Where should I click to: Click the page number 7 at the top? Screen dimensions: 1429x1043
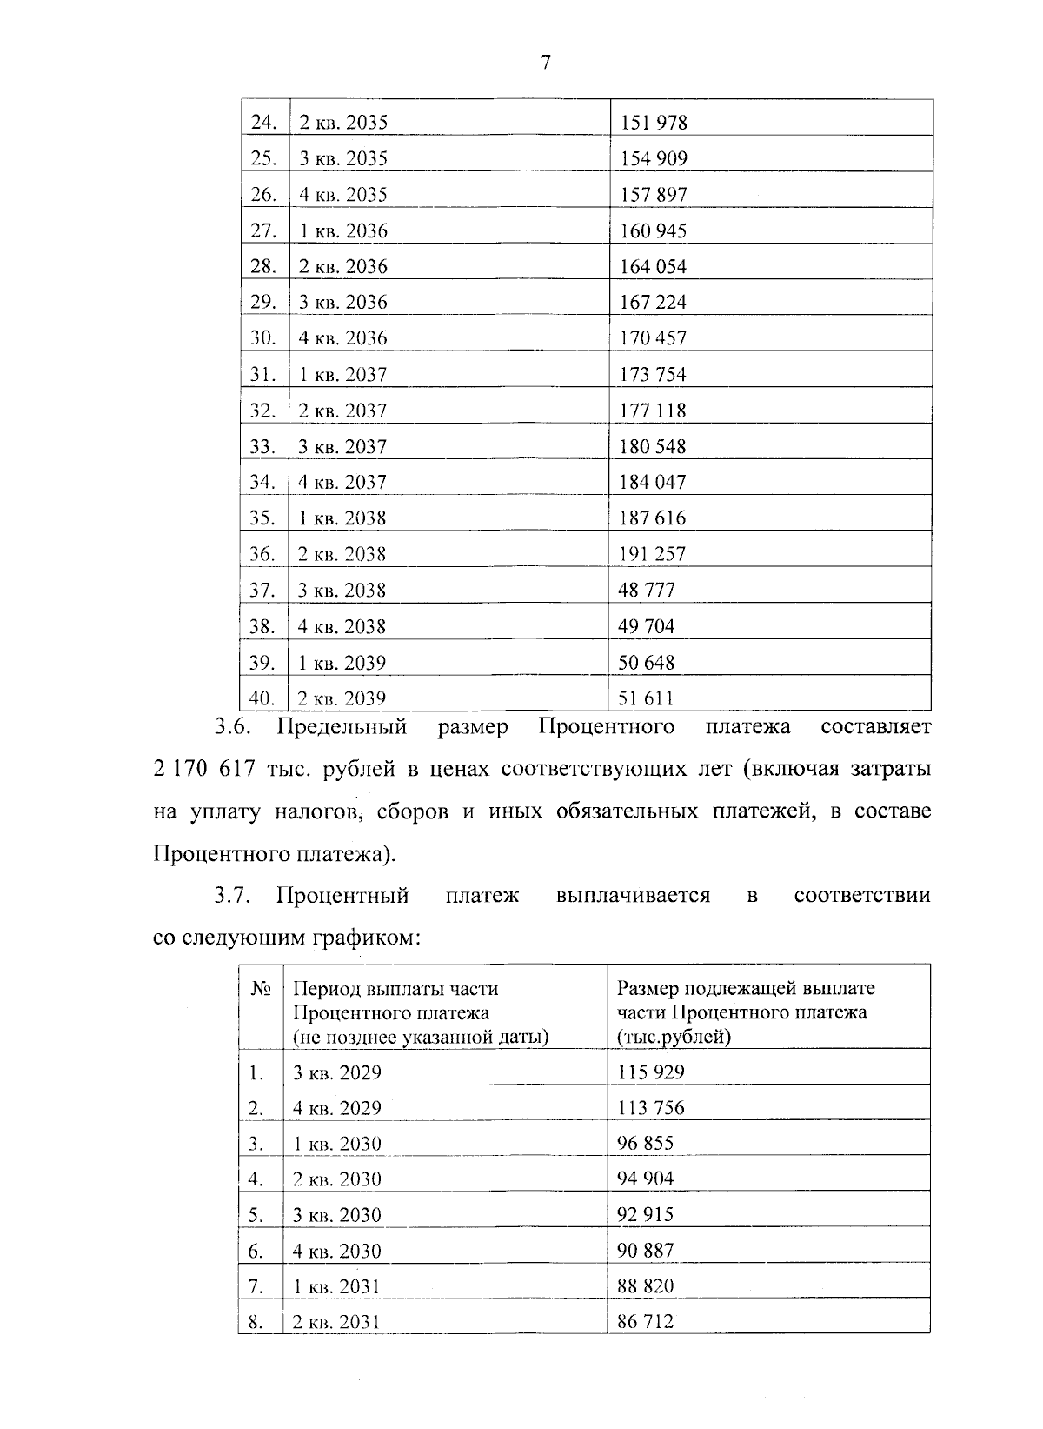pyautogui.click(x=546, y=62)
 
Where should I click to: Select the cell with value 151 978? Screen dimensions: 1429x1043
pyautogui.click(x=653, y=123)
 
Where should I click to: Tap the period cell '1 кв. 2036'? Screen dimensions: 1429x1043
pyautogui.click(x=343, y=230)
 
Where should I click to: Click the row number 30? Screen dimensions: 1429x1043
pyautogui.click(x=262, y=337)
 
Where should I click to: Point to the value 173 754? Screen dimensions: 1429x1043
pyautogui.click(x=653, y=374)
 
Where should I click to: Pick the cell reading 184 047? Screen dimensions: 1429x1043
pyautogui.click(x=653, y=482)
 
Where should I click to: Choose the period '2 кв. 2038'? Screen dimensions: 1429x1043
pyautogui.click(x=342, y=554)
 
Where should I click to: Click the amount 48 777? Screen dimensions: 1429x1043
pyautogui.click(x=647, y=590)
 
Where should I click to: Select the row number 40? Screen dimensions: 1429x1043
pyautogui.click(x=262, y=698)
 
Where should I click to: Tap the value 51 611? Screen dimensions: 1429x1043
pyautogui.click(x=646, y=698)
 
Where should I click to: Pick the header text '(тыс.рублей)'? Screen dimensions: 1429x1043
pyautogui.click(x=674, y=1037)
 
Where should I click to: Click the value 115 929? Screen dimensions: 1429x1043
pyautogui.click(x=651, y=1072)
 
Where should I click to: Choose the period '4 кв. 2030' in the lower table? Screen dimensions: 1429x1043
pyautogui.click(x=337, y=1251)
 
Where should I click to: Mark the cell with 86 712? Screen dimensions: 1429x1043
pyautogui.click(x=646, y=1322)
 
